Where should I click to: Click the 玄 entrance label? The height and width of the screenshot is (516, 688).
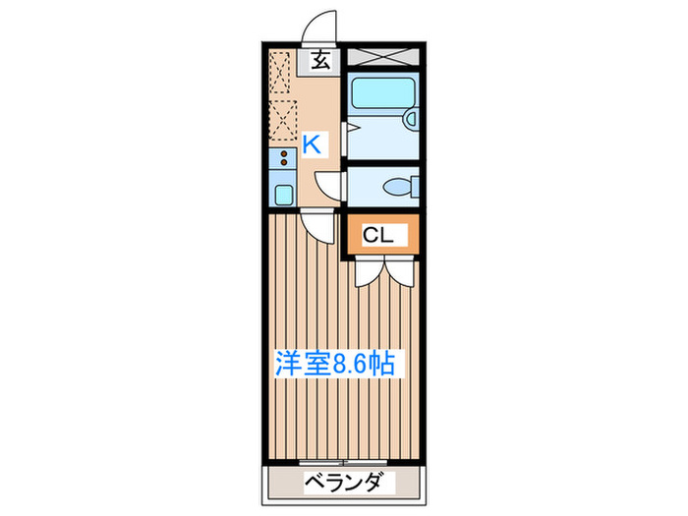pyautogui.click(x=321, y=61)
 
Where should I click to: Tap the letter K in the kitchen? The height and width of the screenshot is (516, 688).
pyautogui.click(x=312, y=144)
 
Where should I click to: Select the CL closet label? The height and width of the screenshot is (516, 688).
pyautogui.click(x=379, y=236)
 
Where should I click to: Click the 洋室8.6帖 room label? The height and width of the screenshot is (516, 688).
pyautogui.click(x=334, y=365)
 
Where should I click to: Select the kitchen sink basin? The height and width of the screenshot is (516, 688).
pyautogui.click(x=282, y=194)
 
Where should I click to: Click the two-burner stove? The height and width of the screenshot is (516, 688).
pyautogui.click(x=282, y=159)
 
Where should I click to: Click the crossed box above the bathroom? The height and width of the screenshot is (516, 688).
pyautogui.click(x=384, y=56)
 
